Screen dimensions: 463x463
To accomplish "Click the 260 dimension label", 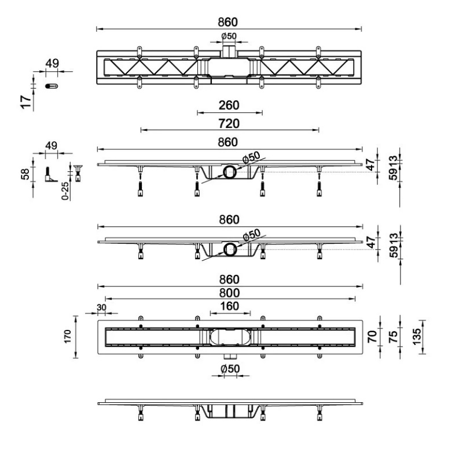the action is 229,105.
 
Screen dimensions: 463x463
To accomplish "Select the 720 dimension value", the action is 229,123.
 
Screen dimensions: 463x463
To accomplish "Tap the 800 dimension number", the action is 229,293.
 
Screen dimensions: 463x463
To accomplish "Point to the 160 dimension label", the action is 230,306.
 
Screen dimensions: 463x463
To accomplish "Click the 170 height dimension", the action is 68,337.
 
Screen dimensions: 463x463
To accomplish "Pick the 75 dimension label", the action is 393,337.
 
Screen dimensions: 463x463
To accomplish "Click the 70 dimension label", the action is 372,337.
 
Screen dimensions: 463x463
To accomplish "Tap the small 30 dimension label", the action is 101,307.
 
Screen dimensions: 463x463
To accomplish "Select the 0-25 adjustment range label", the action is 65,191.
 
